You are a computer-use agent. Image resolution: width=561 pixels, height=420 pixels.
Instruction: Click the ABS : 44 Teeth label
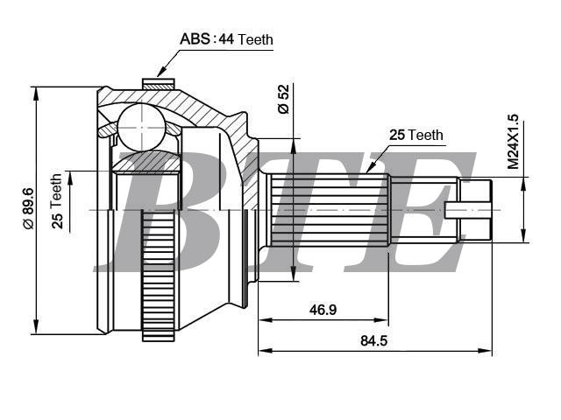tap(226, 38)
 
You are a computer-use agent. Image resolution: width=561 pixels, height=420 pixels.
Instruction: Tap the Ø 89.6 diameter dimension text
tap(28, 209)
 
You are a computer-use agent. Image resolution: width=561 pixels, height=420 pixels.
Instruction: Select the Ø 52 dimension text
tap(283, 99)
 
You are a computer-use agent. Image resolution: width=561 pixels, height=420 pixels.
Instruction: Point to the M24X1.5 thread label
tap(512, 142)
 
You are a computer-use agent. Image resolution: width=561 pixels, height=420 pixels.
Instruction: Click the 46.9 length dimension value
tap(323, 310)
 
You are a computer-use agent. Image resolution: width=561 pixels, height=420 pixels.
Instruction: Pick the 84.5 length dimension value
tap(374, 340)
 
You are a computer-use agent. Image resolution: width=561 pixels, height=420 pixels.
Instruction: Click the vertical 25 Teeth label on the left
tap(57, 201)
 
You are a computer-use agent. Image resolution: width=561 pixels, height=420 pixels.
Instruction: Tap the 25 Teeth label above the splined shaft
tap(416, 135)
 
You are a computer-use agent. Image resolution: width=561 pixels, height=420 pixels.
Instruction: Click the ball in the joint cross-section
tap(142, 127)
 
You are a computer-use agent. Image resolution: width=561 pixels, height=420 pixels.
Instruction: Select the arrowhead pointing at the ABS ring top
tap(161, 72)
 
